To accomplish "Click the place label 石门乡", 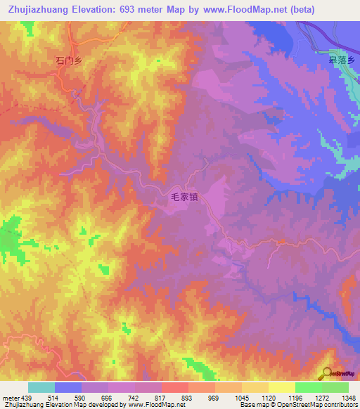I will (69, 61).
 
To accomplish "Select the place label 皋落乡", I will (342, 60).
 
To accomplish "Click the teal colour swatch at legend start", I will (41, 387).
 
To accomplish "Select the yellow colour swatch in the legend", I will (281, 387).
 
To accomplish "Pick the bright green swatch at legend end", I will (335, 387).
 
